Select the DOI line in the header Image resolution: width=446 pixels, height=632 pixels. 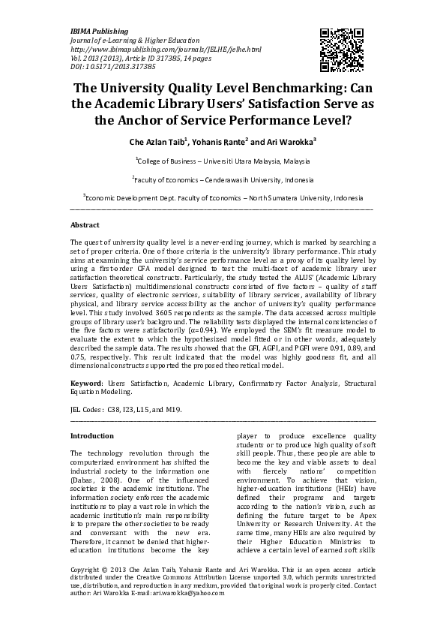click(100, 65)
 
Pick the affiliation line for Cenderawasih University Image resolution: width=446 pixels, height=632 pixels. click(223, 179)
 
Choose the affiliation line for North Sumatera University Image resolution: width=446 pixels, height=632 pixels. click(223, 198)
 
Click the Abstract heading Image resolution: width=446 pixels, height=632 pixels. click(85, 225)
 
